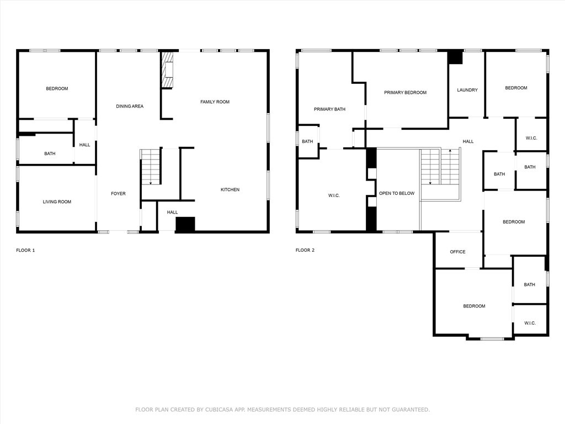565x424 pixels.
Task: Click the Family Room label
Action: click(x=215, y=102)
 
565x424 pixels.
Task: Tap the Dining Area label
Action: click(x=130, y=107)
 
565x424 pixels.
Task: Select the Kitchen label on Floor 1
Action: click(x=230, y=190)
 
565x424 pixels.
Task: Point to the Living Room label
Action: click(x=57, y=202)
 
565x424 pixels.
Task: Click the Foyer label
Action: click(x=118, y=194)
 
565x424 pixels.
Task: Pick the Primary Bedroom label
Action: click(x=406, y=93)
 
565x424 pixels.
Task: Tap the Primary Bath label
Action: click(x=330, y=109)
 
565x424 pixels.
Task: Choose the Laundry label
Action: click(x=467, y=90)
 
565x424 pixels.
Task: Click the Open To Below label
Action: click(x=397, y=193)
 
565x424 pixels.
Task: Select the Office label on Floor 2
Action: click(x=457, y=252)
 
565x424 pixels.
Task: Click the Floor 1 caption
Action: click(x=25, y=250)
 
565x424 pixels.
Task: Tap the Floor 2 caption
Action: click(x=305, y=250)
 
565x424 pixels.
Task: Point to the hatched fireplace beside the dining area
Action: click(x=167, y=70)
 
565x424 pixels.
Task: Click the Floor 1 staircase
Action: click(x=151, y=167)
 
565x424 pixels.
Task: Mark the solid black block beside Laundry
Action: click(x=455, y=57)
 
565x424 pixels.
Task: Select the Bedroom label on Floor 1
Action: click(x=57, y=89)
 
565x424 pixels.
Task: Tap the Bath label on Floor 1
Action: click(x=50, y=153)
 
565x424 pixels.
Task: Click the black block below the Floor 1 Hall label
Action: click(x=185, y=224)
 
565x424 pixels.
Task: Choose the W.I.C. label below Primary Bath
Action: click(x=334, y=195)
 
